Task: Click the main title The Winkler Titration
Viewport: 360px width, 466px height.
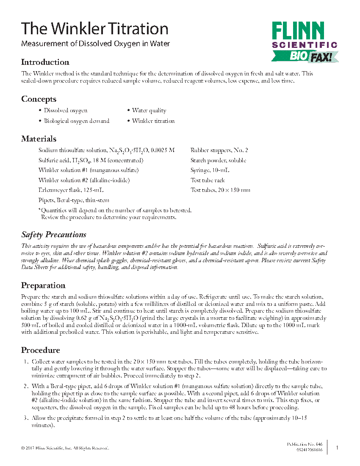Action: tap(95, 29)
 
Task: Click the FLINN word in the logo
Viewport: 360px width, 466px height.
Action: tap(298, 31)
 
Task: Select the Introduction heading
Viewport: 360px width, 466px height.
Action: tap(45, 62)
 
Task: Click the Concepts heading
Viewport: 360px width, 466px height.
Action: tap(39, 99)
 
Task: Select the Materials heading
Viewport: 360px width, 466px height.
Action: tap(39, 139)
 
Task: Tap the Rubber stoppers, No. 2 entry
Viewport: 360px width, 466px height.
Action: tap(219, 150)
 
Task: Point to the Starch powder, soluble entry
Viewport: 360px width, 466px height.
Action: tap(218, 161)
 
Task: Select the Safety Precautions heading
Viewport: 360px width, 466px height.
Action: tap(54, 235)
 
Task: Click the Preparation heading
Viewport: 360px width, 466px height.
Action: tap(43, 286)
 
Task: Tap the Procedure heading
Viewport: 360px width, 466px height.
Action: tap(41, 350)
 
